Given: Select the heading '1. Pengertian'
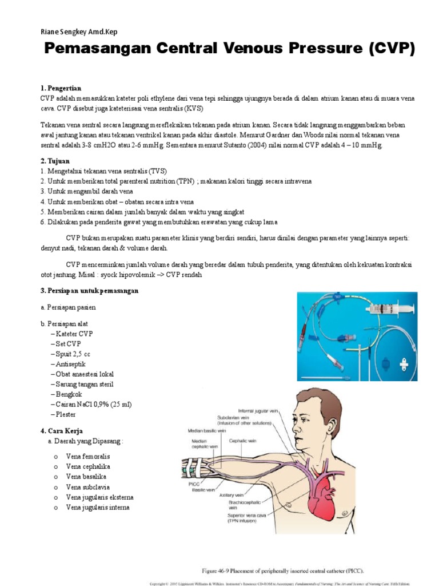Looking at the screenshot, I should point(61,89).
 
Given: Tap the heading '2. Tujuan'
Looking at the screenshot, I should point(55,161).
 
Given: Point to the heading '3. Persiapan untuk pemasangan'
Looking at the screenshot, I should point(90,291).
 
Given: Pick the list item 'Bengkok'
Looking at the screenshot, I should point(66,394).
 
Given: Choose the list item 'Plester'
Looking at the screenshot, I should point(65,414).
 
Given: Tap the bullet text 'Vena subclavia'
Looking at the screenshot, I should point(87,487).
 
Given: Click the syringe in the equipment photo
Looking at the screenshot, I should point(389,309).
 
